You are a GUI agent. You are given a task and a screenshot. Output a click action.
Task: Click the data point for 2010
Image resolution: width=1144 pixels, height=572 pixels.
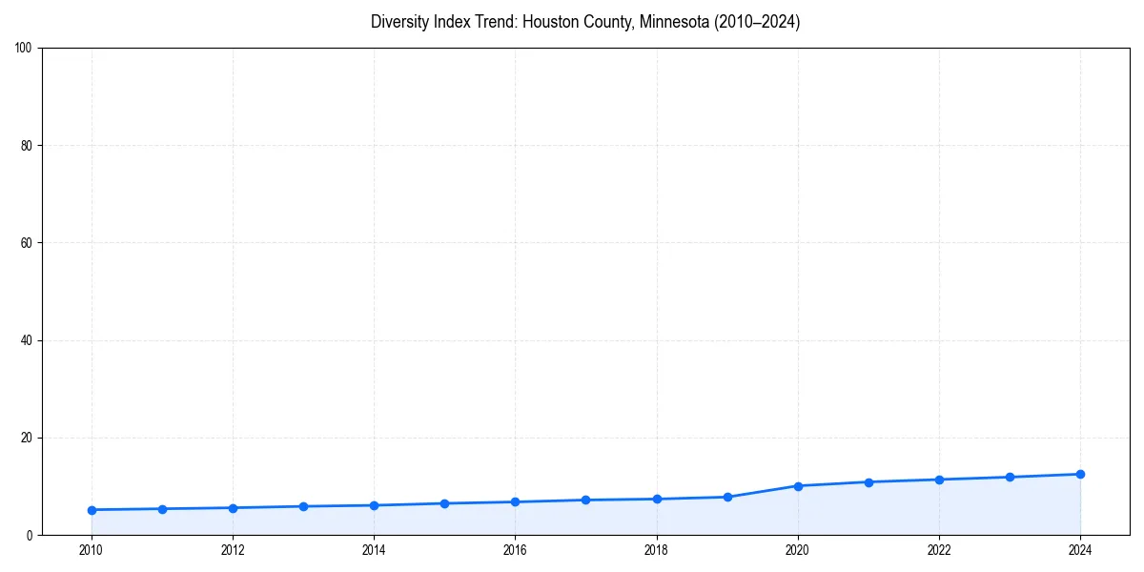92,510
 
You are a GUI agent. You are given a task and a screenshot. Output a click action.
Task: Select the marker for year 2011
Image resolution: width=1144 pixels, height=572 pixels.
162,509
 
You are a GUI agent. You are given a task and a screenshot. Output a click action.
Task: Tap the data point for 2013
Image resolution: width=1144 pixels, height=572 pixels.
303,506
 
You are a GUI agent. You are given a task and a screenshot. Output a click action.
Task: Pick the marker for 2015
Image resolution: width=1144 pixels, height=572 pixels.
444,503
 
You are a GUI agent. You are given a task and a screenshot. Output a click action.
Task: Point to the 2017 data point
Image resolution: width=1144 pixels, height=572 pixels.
585,500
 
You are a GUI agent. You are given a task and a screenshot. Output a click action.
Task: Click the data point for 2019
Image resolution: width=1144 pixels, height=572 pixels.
727,497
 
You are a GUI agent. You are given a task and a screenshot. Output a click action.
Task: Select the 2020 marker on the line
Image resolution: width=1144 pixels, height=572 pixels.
798,486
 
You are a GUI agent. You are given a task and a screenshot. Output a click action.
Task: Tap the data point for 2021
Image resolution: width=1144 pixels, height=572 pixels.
868,482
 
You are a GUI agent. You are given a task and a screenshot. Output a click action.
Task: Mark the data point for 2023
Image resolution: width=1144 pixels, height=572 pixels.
1010,477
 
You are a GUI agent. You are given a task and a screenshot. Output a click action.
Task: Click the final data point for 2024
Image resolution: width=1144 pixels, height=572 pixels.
1080,474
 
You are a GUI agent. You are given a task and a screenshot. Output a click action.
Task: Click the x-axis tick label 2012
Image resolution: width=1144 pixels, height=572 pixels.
233,550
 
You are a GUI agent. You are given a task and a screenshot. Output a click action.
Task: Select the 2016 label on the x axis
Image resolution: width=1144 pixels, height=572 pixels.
515,550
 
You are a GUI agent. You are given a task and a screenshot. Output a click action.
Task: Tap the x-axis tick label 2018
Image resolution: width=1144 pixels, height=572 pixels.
657,550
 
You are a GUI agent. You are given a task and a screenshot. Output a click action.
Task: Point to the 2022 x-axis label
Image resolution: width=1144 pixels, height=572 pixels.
939,550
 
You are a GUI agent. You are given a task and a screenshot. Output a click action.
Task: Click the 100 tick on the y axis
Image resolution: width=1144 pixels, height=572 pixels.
25,49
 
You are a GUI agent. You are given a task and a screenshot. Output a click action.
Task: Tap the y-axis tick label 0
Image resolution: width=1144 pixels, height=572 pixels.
31,535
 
